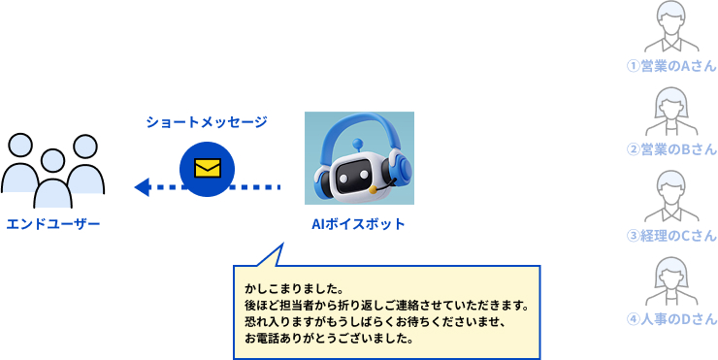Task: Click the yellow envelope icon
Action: tap(208, 168)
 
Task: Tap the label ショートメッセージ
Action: tap(207, 122)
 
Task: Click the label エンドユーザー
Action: tap(53, 224)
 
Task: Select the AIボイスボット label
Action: tap(359, 224)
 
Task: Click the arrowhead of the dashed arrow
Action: tap(142, 187)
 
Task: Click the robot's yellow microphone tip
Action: tap(374, 189)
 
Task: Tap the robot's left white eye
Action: tap(343, 175)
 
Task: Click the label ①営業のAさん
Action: tap(671, 66)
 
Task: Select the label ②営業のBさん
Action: tap(671, 149)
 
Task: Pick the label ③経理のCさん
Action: tap(671, 236)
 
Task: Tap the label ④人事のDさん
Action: tap(671, 319)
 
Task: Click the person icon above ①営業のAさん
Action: tap(671, 27)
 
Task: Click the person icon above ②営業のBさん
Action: tap(671, 112)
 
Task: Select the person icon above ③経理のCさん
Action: tap(671, 196)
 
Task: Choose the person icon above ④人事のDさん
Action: tap(671, 281)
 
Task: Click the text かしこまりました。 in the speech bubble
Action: tap(294, 290)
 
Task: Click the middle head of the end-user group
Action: tap(53, 161)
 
